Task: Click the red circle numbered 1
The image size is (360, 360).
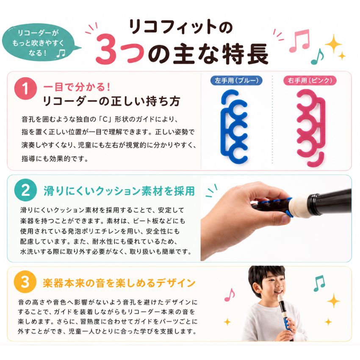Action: coord(25,89)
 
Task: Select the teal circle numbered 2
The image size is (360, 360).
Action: coord(25,190)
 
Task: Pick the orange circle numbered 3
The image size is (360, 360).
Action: coord(25,282)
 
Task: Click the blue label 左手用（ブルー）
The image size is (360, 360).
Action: coord(237,80)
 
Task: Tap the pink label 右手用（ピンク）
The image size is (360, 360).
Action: coord(310,80)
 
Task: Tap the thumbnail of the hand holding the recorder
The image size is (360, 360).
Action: coord(276,220)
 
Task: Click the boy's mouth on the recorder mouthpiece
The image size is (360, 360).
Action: coord(280,292)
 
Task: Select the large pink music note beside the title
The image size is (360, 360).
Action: coord(299,41)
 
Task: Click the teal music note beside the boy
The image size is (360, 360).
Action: coord(319,283)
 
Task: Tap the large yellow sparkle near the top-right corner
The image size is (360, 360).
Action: coord(333,44)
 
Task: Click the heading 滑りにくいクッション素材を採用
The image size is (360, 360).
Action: coord(119,191)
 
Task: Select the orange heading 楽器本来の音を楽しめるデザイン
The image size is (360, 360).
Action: coord(119,282)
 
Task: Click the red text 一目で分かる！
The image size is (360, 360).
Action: coord(77,87)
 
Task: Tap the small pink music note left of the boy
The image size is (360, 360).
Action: coord(230,295)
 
